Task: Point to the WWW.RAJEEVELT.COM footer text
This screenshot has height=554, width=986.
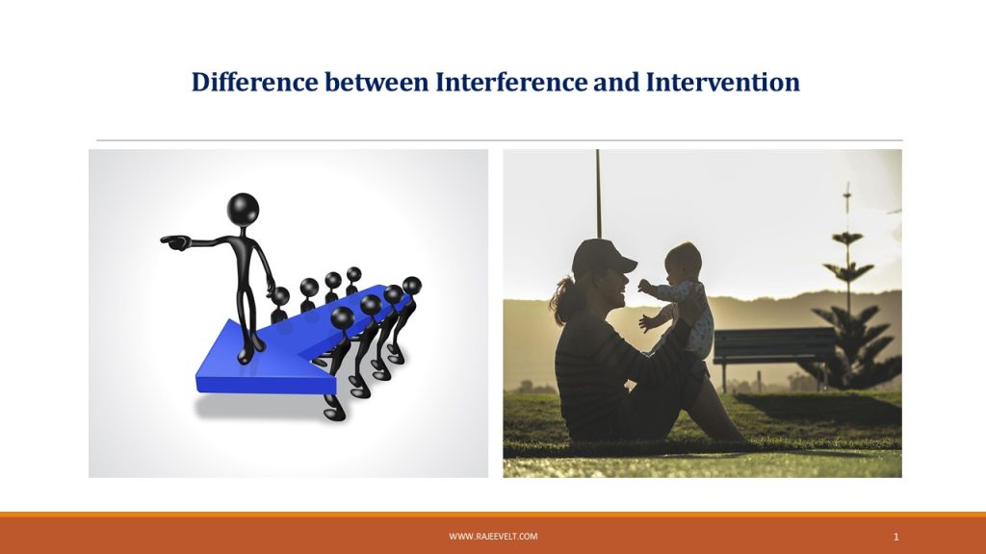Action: (x=493, y=536)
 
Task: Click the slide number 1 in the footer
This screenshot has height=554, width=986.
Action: (x=895, y=536)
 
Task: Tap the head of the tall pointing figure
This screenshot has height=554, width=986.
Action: (x=243, y=209)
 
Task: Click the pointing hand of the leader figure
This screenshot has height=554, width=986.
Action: (x=173, y=240)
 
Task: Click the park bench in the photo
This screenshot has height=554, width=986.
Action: (x=774, y=346)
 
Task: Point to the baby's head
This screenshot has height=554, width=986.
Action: (x=684, y=261)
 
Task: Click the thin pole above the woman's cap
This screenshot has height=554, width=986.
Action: (x=597, y=192)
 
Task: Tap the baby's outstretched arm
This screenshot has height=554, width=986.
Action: (x=655, y=289)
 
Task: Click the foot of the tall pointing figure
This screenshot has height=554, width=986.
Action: (x=246, y=356)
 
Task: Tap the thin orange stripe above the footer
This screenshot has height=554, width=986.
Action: (x=493, y=515)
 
